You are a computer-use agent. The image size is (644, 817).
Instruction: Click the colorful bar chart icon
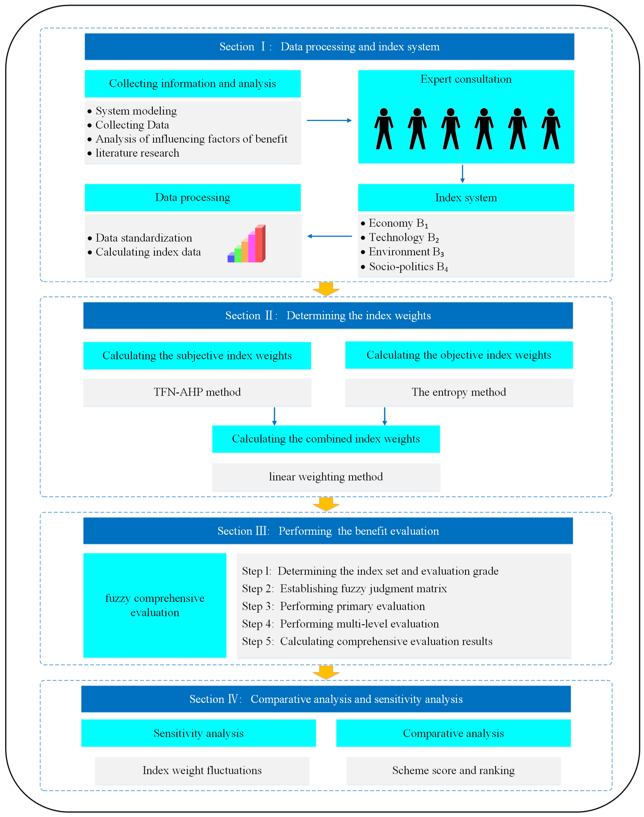tap(247, 244)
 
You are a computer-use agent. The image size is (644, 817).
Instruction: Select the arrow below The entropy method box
tap(384, 416)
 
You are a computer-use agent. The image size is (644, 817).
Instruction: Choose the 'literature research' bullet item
tap(137, 153)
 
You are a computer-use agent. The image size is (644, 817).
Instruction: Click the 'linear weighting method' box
tap(326, 477)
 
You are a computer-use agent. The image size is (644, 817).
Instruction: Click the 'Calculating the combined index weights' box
tap(326, 439)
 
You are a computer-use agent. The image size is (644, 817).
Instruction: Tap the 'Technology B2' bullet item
tap(403, 237)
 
